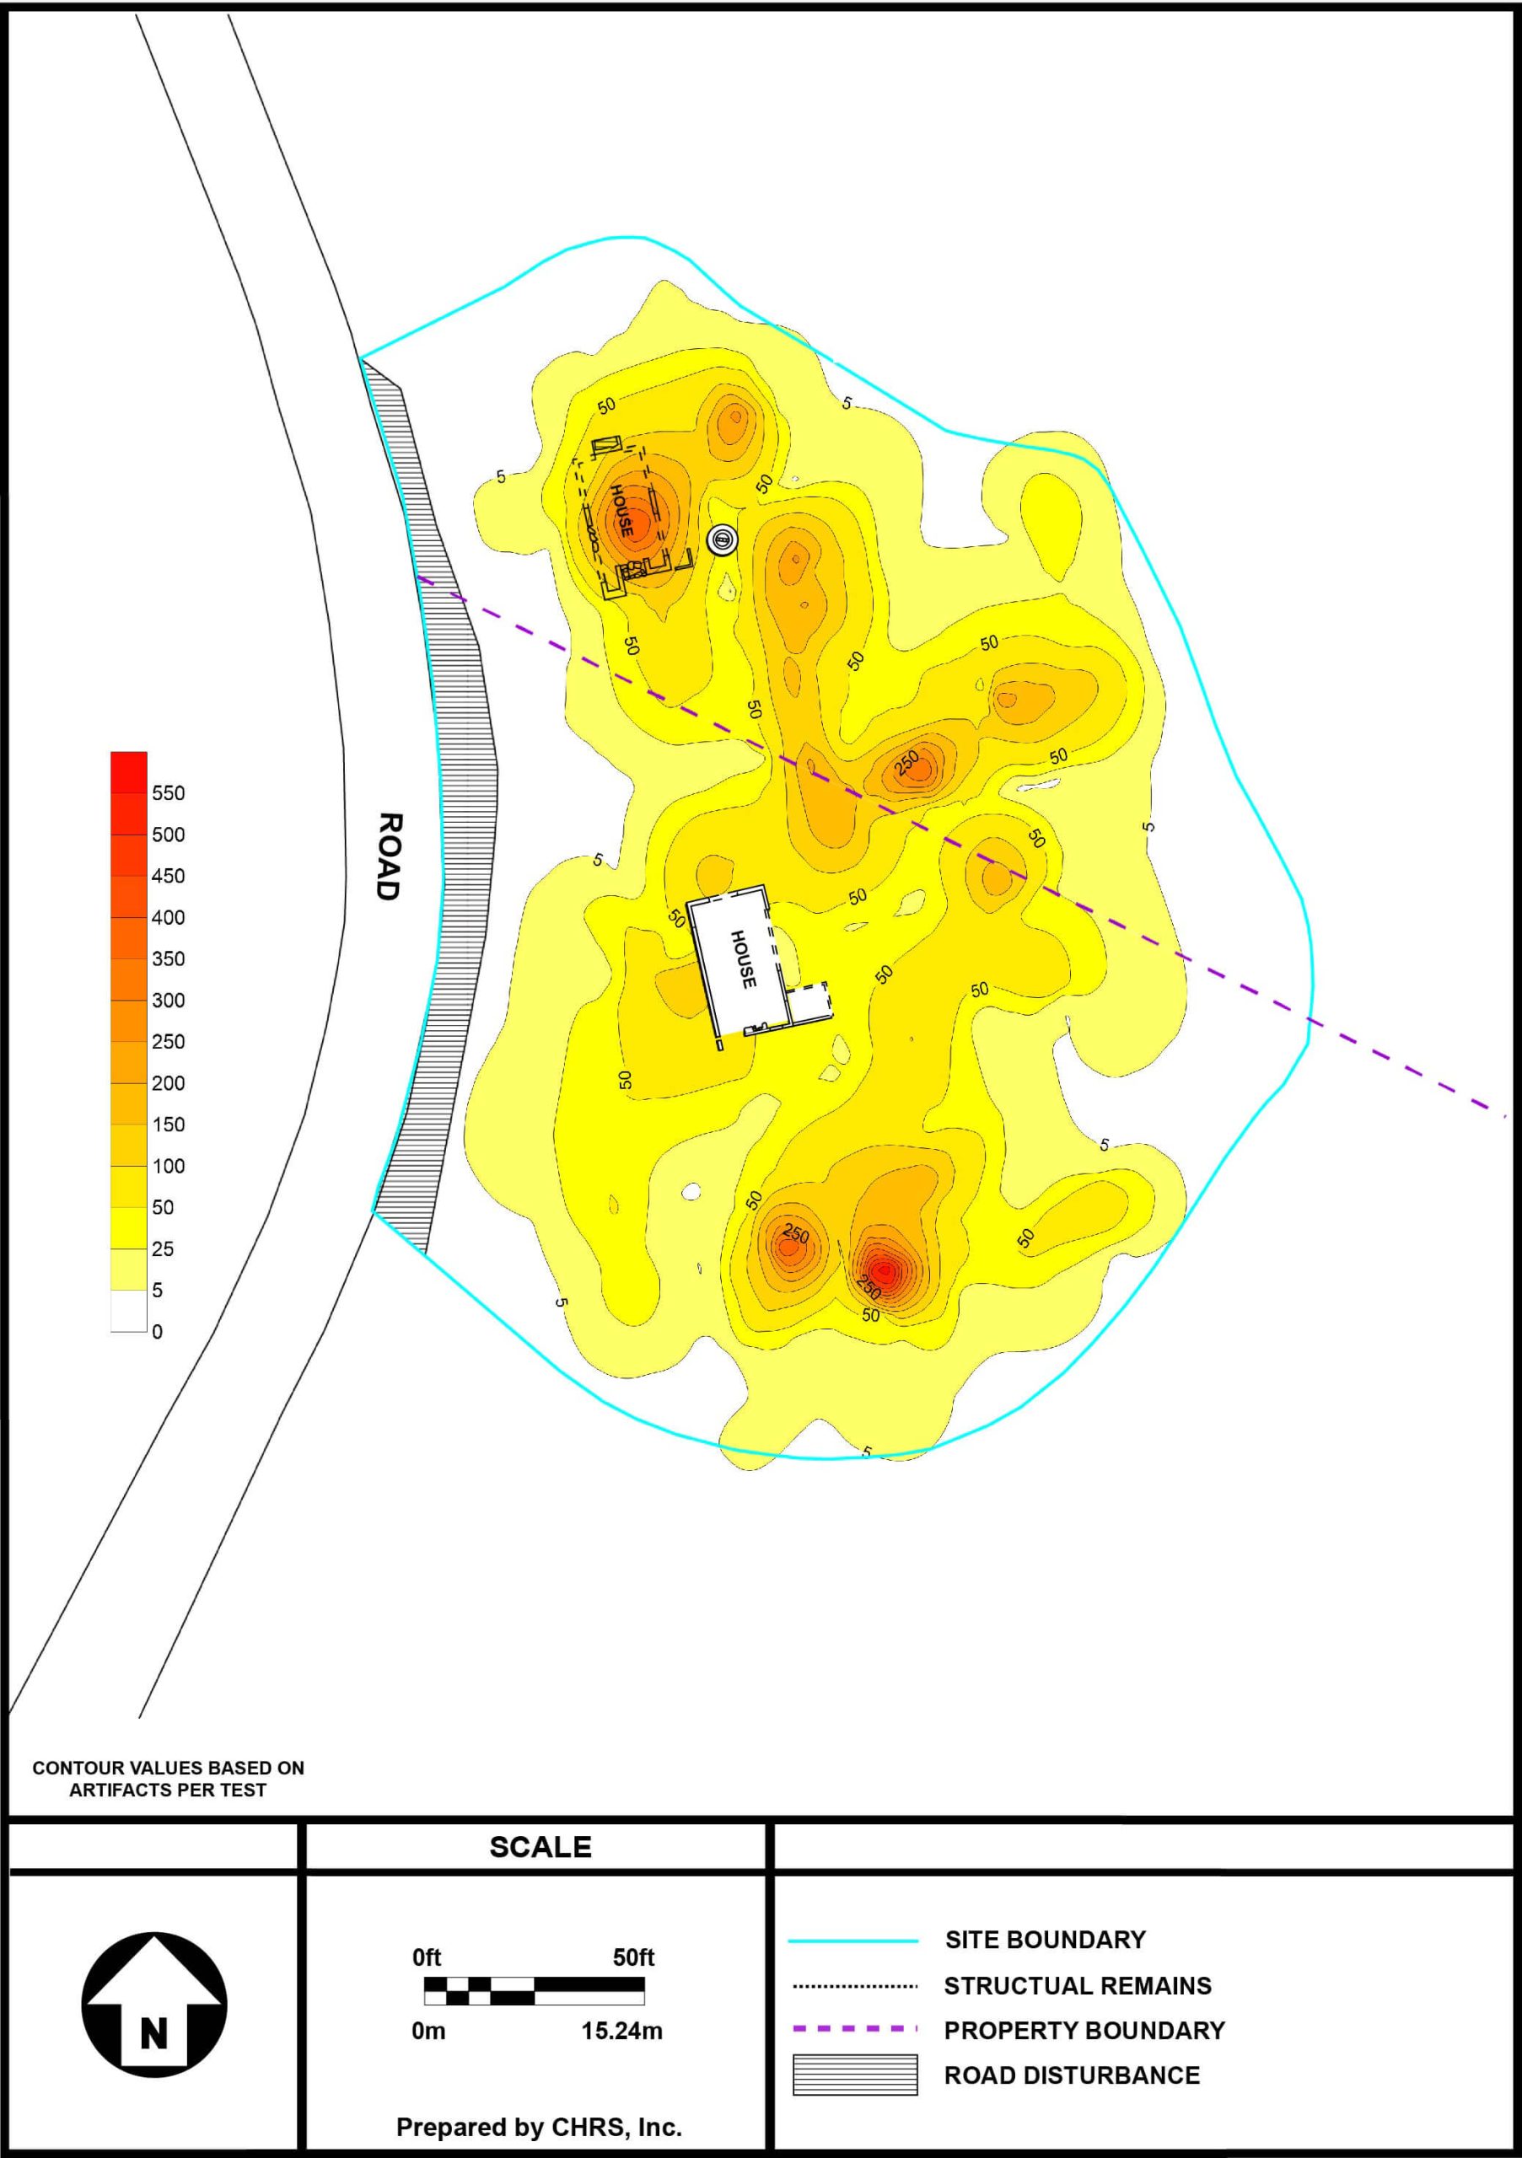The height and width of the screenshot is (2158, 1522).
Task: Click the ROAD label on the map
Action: tap(390, 856)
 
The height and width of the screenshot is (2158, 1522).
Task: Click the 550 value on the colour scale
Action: tap(169, 793)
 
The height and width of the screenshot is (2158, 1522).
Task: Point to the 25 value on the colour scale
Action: tap(163, 1249)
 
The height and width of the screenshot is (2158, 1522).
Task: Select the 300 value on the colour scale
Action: tap(169, 1000)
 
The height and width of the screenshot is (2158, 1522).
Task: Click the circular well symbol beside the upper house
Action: tap(722, 539)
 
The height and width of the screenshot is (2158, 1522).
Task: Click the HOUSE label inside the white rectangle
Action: tap(743, 958)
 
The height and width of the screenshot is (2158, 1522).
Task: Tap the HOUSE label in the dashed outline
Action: tap(622, 510)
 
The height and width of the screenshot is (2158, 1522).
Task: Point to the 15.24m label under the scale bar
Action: tap(621, 2030)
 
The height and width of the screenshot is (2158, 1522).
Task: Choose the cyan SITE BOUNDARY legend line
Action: tap(852, 1940)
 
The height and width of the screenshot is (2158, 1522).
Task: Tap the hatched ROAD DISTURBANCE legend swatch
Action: tap(854, 2075)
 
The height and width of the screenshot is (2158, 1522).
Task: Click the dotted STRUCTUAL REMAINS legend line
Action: tap(854, 1986)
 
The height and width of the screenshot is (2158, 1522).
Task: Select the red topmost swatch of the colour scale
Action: tap(129, 771)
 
